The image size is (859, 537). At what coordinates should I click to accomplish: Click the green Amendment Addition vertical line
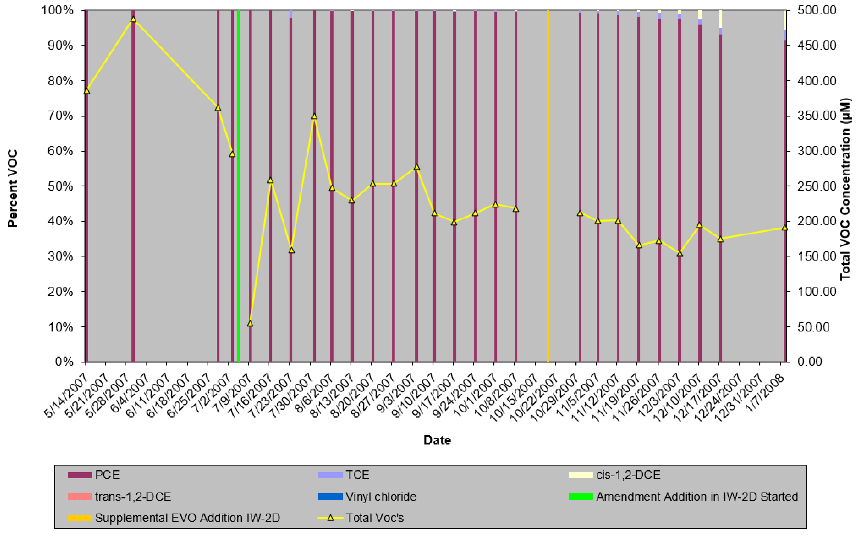[238, 185]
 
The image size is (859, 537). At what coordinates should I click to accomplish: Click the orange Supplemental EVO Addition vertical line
[548, 185]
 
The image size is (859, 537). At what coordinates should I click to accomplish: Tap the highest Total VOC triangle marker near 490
[133, 19]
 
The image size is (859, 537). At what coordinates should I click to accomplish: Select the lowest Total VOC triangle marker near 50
[250, 323]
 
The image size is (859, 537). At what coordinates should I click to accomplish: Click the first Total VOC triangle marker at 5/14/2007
[87, 91]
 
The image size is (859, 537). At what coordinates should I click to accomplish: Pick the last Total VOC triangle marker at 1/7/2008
[785, 228]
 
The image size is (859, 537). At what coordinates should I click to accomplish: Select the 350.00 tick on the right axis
[817, 116]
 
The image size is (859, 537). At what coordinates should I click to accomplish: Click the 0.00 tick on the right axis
[810, 362]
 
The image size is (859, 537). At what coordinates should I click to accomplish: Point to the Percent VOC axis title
[12, 188]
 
